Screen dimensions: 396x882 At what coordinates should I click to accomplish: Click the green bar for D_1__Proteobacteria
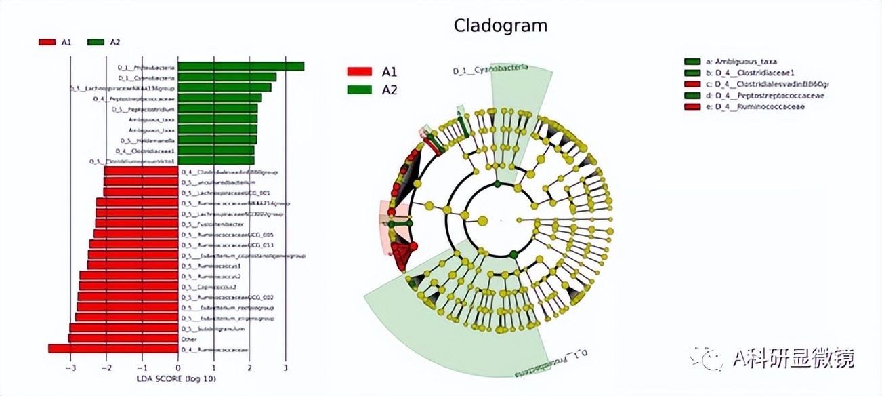click(x=240, y=66)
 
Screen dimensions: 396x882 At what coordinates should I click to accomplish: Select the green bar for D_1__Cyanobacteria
click(x=227, y=77)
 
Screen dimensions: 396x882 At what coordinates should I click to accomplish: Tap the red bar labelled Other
click(x=123, y=338)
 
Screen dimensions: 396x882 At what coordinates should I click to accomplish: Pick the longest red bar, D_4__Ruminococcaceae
click(x=113, y=349)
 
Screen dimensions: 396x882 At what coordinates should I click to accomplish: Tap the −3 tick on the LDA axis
click(x=71, y=368)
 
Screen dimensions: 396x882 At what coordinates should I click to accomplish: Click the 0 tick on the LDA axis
click(x=178, y=368)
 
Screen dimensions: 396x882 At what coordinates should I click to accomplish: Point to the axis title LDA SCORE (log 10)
click(x=177, y=378)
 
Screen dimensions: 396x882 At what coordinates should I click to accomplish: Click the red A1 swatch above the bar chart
click(x=47, y=42)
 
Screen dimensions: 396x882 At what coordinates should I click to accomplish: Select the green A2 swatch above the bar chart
click(x=96, y=42)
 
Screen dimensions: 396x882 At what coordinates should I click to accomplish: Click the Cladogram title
click(x=500, y=26)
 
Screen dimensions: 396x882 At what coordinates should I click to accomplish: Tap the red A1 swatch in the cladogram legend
click(x=360, y=71)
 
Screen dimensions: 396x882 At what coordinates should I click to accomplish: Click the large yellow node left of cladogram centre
click(x=483, y=220)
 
